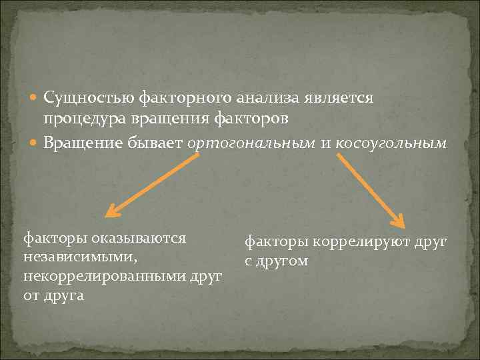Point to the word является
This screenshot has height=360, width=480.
coord(339,98)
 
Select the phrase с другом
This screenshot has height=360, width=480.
coord(276,261)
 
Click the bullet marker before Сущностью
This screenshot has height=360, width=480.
coord(35,99)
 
